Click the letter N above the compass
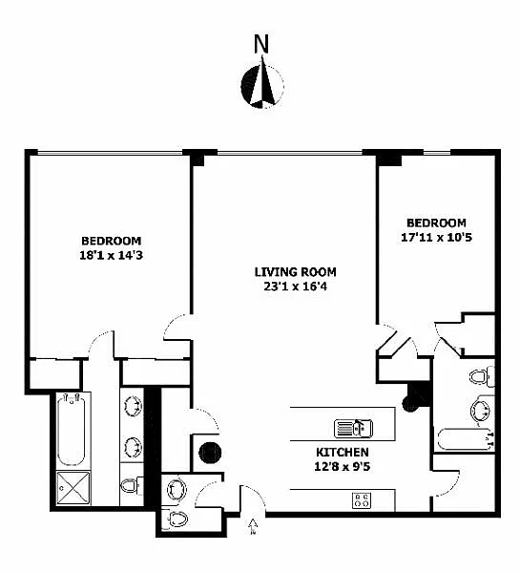(x=261, y=44)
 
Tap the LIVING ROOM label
(x=296, y=272)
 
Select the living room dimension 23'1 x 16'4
(x=296, y=286)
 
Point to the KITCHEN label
(x=343, y=452)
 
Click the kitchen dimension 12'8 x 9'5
(x=343, y=466)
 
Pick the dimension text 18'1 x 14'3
(x=111, y=255)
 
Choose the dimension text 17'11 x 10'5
(x=436, y=237)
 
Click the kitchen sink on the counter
(x=353, y=428)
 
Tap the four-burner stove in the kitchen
(x=362, y=500)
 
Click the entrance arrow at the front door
(x=252, y=527)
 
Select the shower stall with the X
(x=73, y=488)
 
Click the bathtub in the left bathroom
(x=72, y=430)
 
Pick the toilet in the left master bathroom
(x=132, y=486)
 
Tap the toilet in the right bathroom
(x=482, y=377)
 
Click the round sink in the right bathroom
(x=481, y=411)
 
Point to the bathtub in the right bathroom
(x=466, y=439)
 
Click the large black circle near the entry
(x=210, y=453)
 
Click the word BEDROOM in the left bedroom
(x=111, y=241)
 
